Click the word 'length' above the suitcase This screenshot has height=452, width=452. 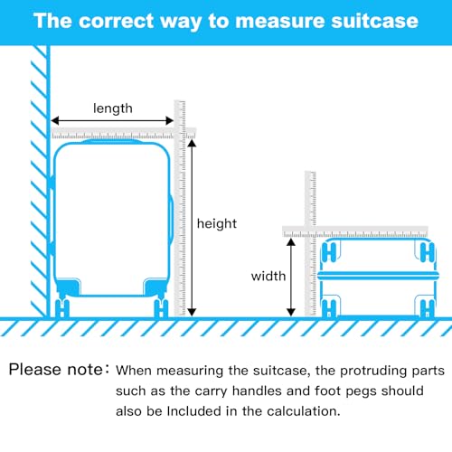pyautogui.click(x=113, y=108)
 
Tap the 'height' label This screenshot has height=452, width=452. pyautogui.click(x=217, y=224)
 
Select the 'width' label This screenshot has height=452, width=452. pyautogui.click(x=268, y=276)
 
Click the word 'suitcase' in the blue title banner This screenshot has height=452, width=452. pyautogui.click(x=374, y=21)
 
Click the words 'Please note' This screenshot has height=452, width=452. pyautogui.click(x=56, y=370)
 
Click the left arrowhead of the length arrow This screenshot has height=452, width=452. pyautogui.click(x=54, y=121)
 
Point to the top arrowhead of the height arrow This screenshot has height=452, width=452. pyautogui.click(x=192, y=143)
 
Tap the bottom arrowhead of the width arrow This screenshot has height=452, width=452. pyautogui.click(x=291, y=312)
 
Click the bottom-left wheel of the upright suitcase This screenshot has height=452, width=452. pyautogui.click(x=62, y=307)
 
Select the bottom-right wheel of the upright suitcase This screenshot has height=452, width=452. pyautogui.click(x=161, y=307)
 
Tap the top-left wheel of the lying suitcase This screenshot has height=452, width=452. pyautogui.click(x=329, y=252)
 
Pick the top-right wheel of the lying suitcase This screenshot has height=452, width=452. pyautogui.click(x=428, y=252)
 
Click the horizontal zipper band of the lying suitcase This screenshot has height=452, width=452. pyautogui.click(x=378, y=276)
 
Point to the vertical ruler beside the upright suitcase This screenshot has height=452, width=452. pyautogui.click(x=180, y=208)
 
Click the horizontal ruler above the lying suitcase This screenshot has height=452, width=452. pyautogui.click(x=355, y=231)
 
